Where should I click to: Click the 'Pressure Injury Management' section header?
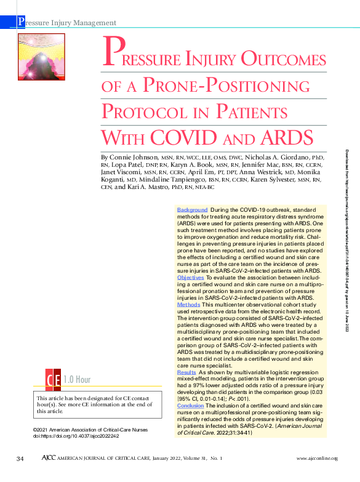67,23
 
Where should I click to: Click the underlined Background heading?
192,211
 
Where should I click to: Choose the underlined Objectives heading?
191,278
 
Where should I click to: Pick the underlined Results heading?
186,373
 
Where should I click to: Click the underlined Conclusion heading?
190,407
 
